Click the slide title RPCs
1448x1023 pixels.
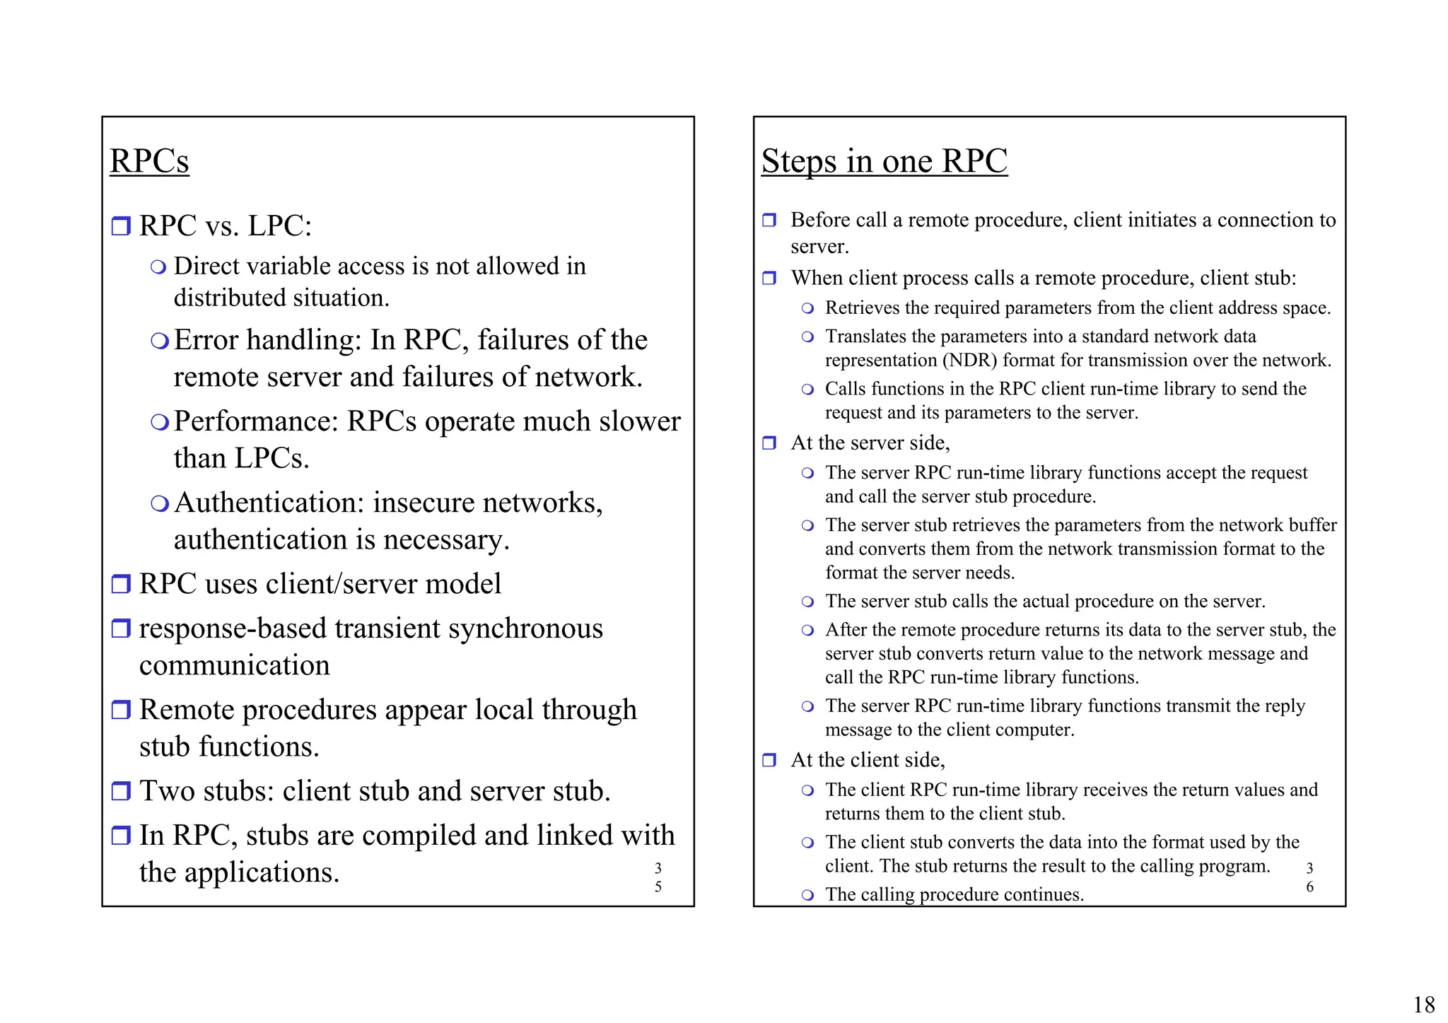pos(149,161)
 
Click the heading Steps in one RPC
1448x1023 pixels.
pos(884,161)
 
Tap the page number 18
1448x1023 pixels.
pos(1423,1004)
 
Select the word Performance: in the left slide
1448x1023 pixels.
pos(257,421)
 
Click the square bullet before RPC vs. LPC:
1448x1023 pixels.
pos(122,226)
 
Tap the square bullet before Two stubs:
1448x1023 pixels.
pos(122,790)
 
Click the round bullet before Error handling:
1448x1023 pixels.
pos(160,341)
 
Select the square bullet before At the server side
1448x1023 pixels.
pos(769,443)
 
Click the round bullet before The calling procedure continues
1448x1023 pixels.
pos(807,895)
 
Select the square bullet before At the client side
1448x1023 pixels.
pos(769,761)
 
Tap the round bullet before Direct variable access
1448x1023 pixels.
pos(159,267)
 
